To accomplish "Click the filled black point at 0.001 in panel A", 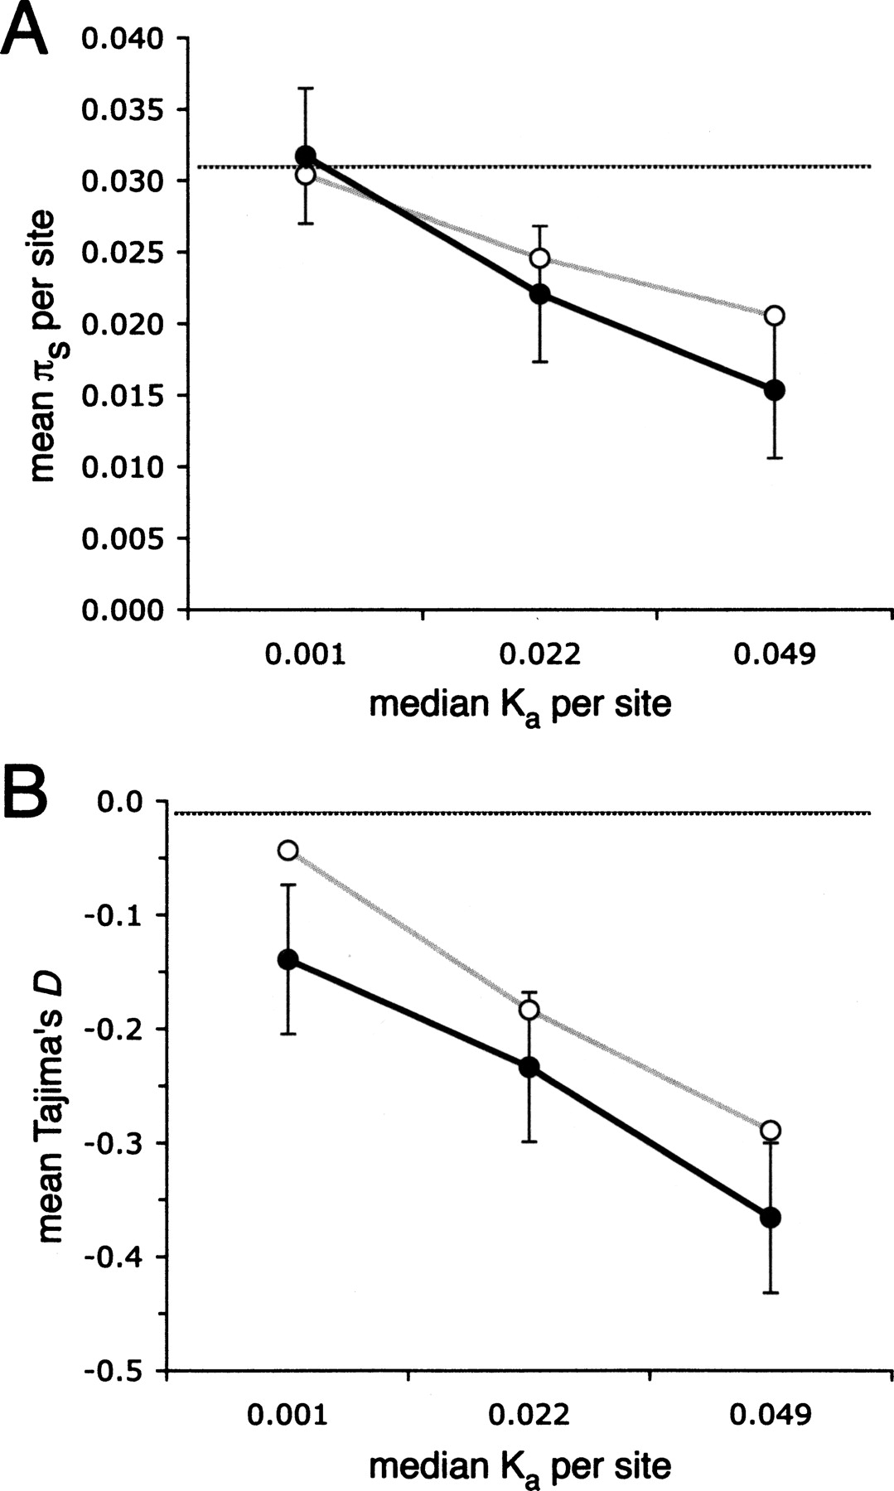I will click(x=306, y=156).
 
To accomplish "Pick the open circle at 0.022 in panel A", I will click(x=539, y=258).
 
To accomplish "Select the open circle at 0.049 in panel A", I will click(x=775, y=316).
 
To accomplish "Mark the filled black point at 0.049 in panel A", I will click(x=775, y=390).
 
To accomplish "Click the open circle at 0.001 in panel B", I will click(x=288, y=850).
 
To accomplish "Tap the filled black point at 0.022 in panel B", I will click(x=529, y=1067).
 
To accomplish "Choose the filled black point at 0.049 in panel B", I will click(x=771, y=1217).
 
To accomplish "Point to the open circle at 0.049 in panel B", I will click(x=771, y=1131).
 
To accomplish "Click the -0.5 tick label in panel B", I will click(x=114, y=1371).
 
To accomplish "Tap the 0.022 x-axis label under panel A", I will click(x=540, y=655).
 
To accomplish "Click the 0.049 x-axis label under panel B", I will click(x=771, y=1414).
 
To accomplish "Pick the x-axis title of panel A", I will click(x=519, y=705).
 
